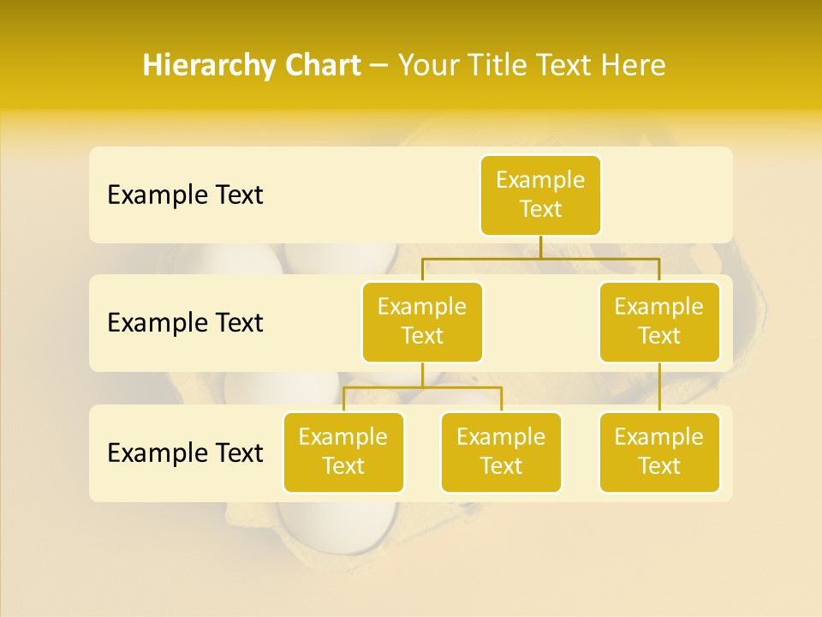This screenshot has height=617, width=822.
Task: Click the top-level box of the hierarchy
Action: coord(540,195)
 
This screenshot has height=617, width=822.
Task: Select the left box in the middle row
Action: coord(422,321)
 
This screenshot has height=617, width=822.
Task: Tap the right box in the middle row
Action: coord(659,321)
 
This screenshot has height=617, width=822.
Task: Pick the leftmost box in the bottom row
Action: coord(343,452)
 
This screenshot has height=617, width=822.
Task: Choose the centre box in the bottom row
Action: coord(501,452)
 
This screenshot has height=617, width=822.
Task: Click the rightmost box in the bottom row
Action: coord(659,452)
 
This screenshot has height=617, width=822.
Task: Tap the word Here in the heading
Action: coord(634,65)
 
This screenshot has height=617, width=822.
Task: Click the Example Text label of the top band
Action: coord(185,195)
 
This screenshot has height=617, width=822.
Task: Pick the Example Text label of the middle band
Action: coord(185,322)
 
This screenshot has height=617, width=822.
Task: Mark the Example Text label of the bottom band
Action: coord(185,452)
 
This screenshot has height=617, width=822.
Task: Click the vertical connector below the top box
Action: coord(540,247)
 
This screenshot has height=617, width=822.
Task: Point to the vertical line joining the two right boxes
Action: coord(659,387)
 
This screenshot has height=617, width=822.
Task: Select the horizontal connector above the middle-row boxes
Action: coord(540,257)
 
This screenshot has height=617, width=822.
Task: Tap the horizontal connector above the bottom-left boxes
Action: coord(422,387)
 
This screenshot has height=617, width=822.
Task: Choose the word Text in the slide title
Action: coord(567,65)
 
